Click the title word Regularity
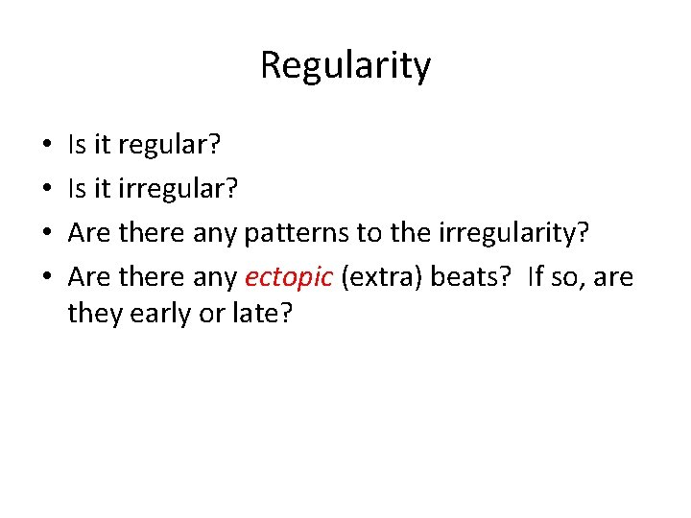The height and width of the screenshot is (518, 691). pos(345,66)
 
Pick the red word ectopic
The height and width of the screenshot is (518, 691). pos(289,278)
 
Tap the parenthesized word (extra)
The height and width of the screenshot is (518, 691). pos(382,278)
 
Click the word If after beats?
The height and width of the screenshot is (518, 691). pos(536,278)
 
